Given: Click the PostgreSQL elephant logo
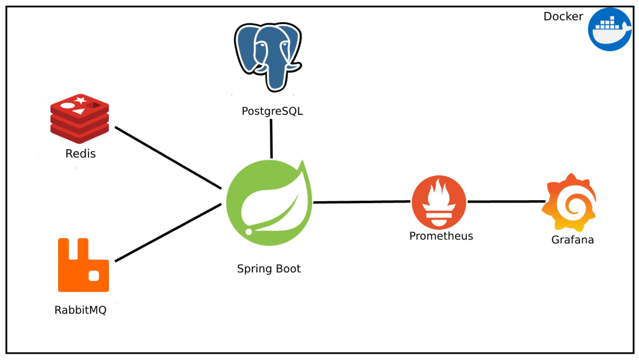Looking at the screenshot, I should pyautogui.click(x=268, y=57).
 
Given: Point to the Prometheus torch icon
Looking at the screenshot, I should pyautogui.click(x=439, y=202).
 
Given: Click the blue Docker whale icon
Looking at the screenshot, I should pyautogui.click(x=610, y=29).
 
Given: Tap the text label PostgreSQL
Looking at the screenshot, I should pyautogui.click(x=272, y=111).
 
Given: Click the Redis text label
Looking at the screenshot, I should pyautogui.click(x=80, y=154).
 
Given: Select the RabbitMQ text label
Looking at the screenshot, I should pyautogui.click(x=80, y=310).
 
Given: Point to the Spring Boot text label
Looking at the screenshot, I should pyautogui.click(x=269, y=269).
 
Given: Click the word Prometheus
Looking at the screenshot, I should pyautogui.click(x=441, y=236).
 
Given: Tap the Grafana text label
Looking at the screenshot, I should pyautogui.click(x=572, y=240).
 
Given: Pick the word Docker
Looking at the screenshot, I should pyautogui.click(x=563, y=17).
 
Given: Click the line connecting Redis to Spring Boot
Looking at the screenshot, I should pyautogui.click(x=168, y=158).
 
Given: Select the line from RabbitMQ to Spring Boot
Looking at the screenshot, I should pyautogui.click(x=168, y=232).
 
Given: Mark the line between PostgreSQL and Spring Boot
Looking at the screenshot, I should pyautogui.click(x=271, y=139).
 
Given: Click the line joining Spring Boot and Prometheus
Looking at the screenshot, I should pyautogui.click(x=362, y=202).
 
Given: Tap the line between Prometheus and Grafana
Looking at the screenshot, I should pyautogui.click(x=507, y=201).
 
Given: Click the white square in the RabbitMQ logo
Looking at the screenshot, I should pyautogui.click(x=94, y=276).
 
